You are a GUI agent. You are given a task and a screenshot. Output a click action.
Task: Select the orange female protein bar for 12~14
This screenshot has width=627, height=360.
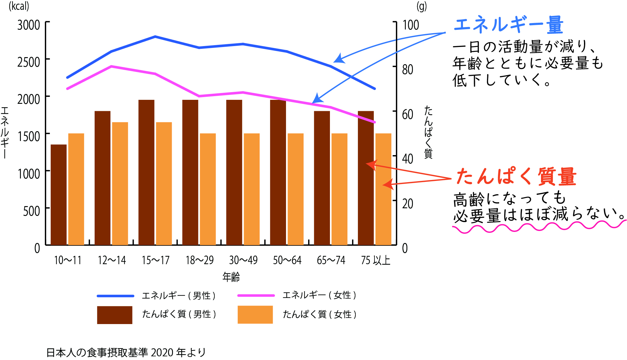120,183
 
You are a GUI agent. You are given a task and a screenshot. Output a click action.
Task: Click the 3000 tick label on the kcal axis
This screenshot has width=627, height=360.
29,25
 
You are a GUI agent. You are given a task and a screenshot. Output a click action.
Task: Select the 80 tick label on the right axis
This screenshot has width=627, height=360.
408,70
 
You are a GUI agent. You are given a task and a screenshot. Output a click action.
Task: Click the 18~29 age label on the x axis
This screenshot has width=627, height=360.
200,260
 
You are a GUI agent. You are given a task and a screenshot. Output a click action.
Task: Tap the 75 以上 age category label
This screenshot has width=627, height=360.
375,260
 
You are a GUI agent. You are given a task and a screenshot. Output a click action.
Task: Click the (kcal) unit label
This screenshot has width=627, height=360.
19,6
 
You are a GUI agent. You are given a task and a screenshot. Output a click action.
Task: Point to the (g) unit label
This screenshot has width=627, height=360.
421,6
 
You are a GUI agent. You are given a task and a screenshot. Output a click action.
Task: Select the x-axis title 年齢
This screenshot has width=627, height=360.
231,277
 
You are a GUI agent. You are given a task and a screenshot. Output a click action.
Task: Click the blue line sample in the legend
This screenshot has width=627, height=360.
116,296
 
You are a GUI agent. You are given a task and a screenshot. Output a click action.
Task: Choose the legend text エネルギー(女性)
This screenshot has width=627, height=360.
319,295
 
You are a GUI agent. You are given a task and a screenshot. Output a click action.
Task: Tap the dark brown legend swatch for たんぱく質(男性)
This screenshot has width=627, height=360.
115,315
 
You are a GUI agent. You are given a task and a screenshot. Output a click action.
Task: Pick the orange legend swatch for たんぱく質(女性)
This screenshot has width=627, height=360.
255,315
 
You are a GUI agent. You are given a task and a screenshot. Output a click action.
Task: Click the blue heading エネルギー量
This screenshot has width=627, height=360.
508,25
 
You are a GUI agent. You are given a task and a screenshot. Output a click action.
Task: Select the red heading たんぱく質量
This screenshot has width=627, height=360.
516,177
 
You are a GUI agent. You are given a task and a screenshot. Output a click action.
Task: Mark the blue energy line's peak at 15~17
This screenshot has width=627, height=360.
155,37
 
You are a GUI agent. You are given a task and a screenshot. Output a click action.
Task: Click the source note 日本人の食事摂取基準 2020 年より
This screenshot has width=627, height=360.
126,352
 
